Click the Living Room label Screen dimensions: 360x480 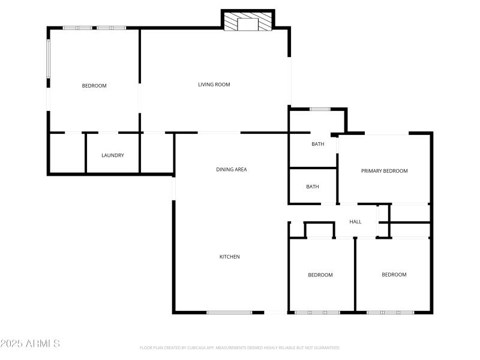point(214,85)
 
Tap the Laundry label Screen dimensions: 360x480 point(113,155)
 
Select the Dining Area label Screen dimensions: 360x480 point(232,170)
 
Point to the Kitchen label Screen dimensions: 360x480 point(229,257)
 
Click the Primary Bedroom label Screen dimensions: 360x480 point(384,171)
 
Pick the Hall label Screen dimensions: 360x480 point(355,222)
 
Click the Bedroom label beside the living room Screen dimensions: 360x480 point(94,86)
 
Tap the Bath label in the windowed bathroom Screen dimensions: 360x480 point(317,144)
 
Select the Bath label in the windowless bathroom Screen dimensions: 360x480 point(313,187)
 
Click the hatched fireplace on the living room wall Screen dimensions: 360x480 point(248,23)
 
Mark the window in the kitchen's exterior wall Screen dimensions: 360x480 point(229,312)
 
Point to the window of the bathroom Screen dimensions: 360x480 point(320,109)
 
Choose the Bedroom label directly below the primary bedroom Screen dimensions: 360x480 point(394,275)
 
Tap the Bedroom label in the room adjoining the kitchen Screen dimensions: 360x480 point(320,275)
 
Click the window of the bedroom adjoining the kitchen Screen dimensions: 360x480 point(317,312)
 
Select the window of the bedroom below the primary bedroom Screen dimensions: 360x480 point(390,312)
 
